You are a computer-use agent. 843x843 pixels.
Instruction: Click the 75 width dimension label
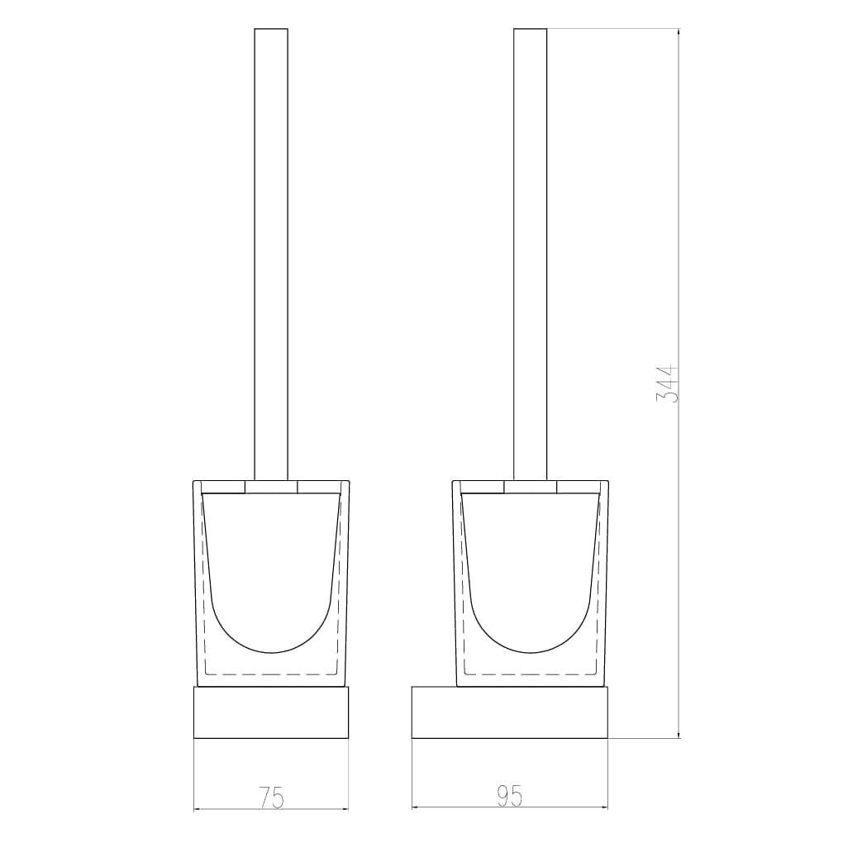[271, 798]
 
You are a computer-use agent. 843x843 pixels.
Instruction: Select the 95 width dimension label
[510, 796]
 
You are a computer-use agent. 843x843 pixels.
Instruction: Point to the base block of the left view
[271, 712]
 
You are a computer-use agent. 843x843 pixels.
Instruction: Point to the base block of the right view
[510, 712]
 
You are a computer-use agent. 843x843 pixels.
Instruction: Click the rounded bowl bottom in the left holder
[271, 628]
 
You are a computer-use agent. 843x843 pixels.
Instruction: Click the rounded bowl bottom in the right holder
[531, 628]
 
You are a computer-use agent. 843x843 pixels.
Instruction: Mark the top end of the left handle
[271, 31]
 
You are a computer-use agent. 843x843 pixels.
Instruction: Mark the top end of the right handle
[531, 31]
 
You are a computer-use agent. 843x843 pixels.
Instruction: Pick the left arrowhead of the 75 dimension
[198, 808]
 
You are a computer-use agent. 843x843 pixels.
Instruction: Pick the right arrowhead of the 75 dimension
[345, 808]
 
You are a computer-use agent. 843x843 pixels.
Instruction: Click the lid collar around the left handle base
[271, 487]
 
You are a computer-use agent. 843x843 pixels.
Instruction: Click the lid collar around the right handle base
[531, 487]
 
